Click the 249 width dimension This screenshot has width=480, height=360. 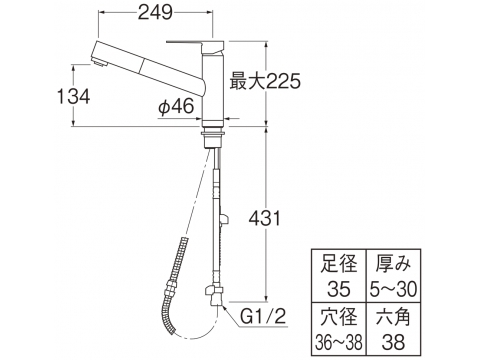pos(155,13)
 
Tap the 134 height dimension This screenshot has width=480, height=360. pos(73,97)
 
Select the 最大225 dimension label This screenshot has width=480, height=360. pos(265,81)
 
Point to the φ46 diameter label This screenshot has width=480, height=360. pos(176,107)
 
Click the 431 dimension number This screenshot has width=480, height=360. pos(265,219)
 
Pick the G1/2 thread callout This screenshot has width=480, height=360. pos(263,316)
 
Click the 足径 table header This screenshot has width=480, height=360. pos(338,263)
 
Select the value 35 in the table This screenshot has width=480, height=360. pos(338,288)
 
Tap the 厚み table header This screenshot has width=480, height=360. pos(393,263)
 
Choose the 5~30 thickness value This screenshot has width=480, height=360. pos(393,288)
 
